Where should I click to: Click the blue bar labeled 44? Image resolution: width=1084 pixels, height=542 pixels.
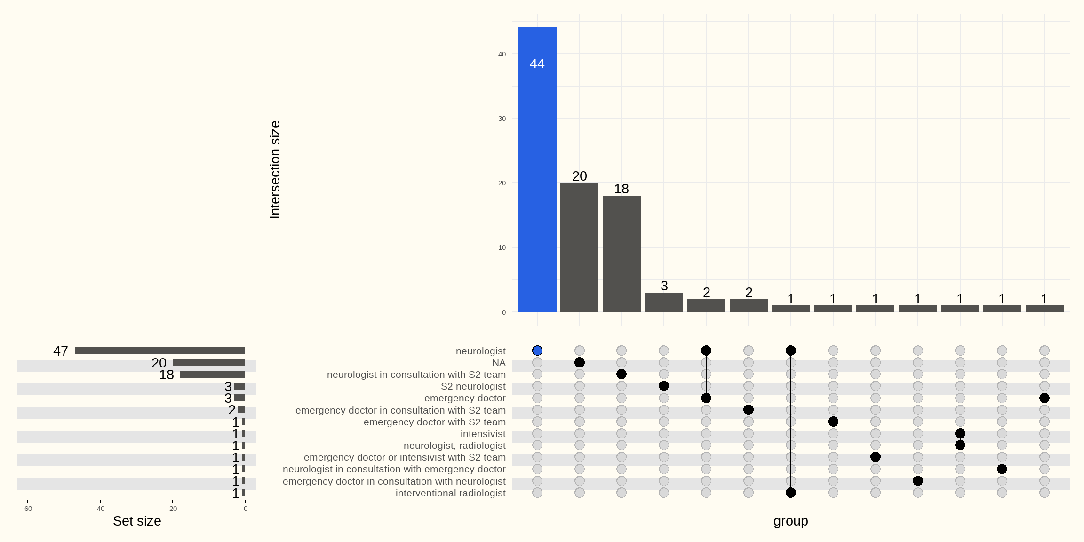click(537, 169)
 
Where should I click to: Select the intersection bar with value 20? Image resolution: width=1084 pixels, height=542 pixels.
click(579, 247)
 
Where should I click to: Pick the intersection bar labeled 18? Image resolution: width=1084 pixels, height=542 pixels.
click(622, 254)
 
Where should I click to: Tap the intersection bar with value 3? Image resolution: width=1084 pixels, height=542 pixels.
click(664, 302)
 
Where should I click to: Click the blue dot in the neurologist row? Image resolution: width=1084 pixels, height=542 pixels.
click(537, 351)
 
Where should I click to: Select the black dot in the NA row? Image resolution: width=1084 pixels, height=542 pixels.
click(580, 362)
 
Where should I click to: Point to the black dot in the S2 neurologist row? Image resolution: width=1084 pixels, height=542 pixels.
click(664, 386)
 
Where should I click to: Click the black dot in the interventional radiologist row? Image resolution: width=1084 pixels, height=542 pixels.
click(791, 493)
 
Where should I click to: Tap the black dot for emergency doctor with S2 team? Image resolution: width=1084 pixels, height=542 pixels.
click(833, 422)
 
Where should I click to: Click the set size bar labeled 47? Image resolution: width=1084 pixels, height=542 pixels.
click(160, 351)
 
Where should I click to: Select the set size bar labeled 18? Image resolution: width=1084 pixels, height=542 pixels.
click(213, 375)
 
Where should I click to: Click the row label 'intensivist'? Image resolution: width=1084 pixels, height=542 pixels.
click(483, 434)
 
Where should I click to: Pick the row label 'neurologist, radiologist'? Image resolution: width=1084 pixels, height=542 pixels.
click(454, 446)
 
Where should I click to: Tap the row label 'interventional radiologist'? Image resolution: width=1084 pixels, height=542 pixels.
click(450, 493)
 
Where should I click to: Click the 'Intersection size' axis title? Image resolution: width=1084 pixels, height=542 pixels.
click(275, 169)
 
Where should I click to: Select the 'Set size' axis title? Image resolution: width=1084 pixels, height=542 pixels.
click(137, 521)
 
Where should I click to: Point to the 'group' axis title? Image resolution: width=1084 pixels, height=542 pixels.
click(790, 521)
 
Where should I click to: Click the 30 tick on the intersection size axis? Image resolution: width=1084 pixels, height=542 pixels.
click(502, 119)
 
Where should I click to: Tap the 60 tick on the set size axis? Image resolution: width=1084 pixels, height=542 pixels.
click(28, 509)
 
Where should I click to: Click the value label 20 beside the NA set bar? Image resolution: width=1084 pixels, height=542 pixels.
click(159, 363)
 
